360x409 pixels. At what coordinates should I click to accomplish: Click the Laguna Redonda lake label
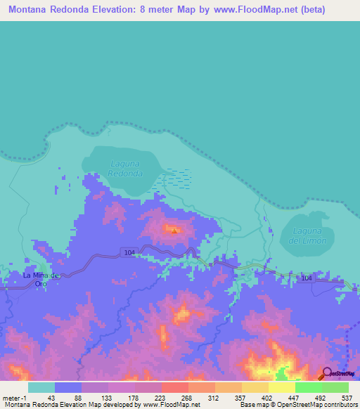pos(127,168)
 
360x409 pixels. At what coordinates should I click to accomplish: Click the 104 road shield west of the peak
pos(128,252)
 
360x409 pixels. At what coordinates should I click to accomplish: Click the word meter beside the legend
pos(10,397)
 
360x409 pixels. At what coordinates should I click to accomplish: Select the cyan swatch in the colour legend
pos(41,387)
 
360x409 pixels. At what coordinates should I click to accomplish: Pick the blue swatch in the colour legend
pos(67,387)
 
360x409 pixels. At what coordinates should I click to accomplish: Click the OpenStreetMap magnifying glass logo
pos(327,373)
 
